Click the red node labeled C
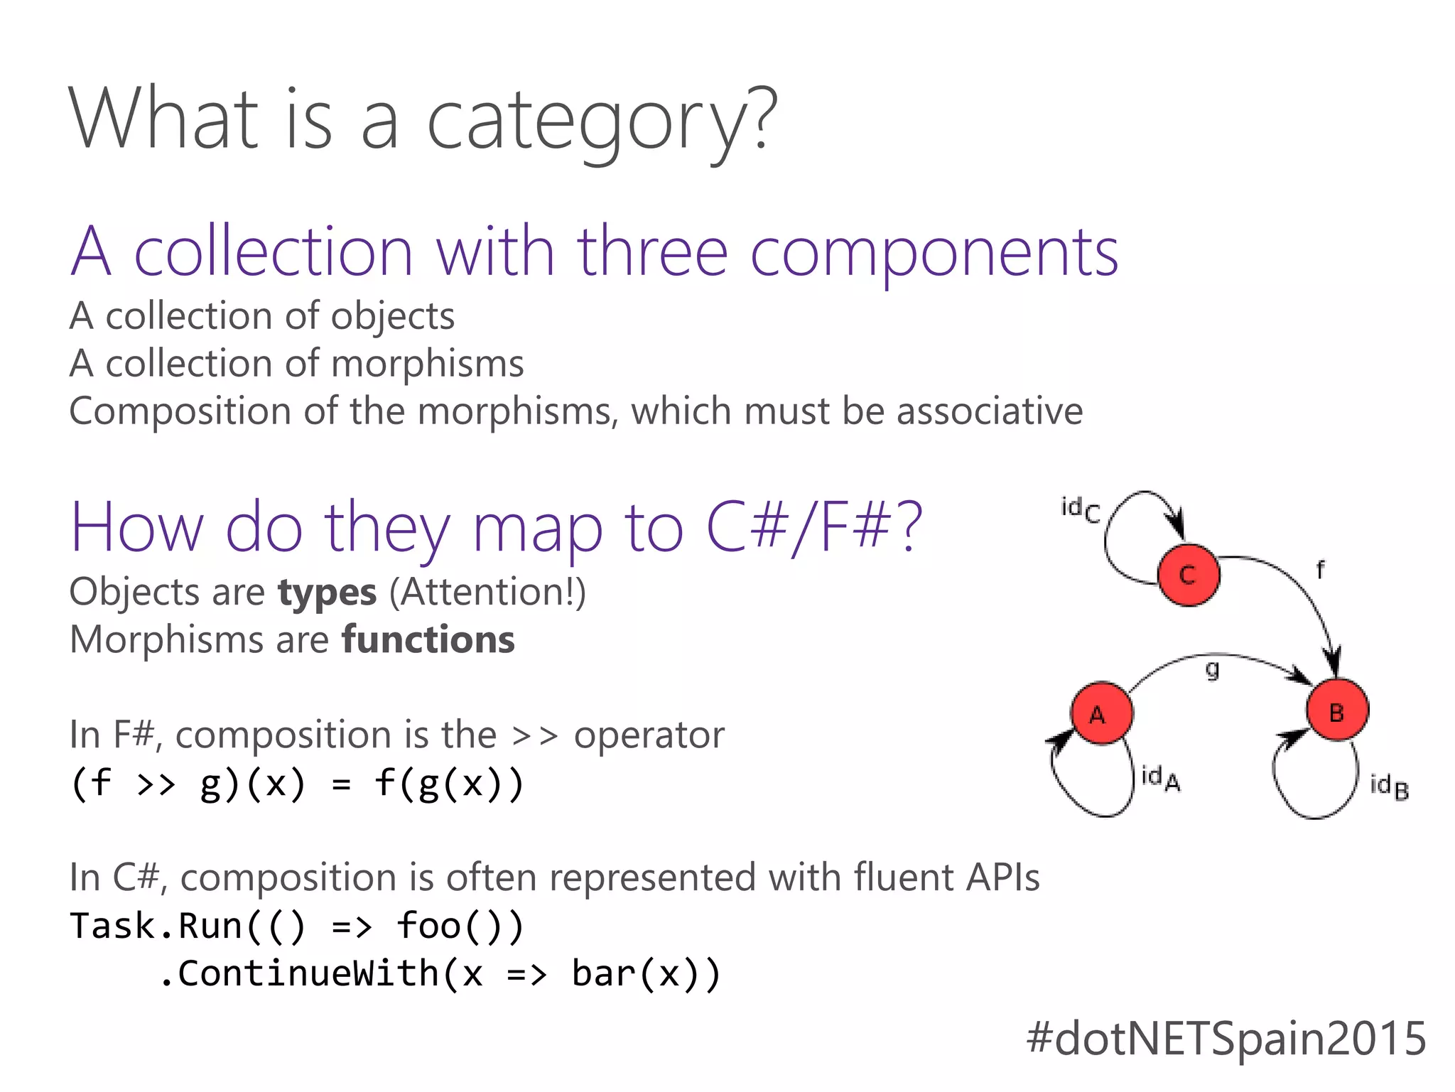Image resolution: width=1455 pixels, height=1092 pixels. click(x=1188, y=575)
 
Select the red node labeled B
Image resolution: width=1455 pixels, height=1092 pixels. click(x=1337, y=710)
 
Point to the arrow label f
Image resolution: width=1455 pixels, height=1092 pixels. click(x=1320, y=569)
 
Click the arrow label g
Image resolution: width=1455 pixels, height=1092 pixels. click(x=1213, y=669)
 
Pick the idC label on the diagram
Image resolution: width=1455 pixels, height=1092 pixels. click(x=1080, y=509)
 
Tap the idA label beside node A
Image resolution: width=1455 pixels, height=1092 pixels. click(x=1160, y=779)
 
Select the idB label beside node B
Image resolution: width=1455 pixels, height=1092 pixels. click(x=1389, y=787)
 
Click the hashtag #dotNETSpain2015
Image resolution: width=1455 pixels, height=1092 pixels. click(x=1226, y=1038)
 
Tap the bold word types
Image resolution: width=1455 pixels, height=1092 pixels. click(x=327, y=593)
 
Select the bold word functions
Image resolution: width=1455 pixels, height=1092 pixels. click(x=428, y=639)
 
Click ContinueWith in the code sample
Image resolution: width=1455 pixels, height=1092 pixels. click(x=308, y=973)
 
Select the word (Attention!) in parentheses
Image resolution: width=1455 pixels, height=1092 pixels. click(x=487, y=592)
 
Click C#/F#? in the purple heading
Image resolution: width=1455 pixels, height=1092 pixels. click(x=813, y=527)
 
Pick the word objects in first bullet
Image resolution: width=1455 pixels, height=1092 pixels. click(x=392, y=317)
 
